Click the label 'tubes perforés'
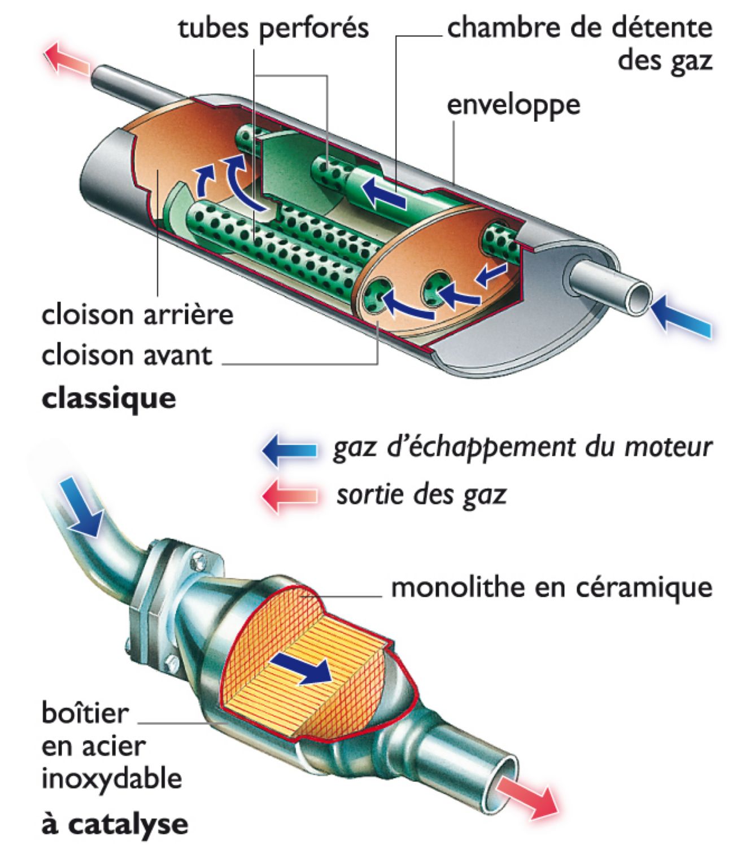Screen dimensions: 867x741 (x=273, y=28)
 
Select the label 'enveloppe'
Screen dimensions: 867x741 (x=513, y=105)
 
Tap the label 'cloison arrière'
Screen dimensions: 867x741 (x=137, y=314)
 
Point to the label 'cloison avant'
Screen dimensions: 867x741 (x=127, y=356)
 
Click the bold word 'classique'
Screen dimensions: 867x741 (x=109, y=398)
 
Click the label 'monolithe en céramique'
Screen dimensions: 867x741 (x=551, y=588)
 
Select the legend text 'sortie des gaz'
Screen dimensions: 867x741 (x=421, y=495)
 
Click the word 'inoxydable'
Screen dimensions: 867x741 (x=112, y=780)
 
